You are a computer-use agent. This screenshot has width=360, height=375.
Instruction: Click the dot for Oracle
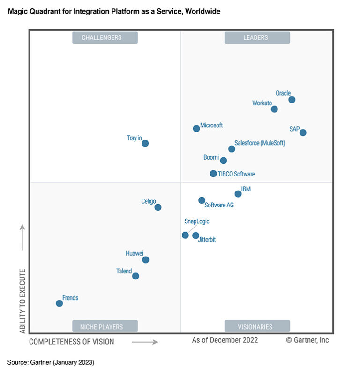(x=292, y=100)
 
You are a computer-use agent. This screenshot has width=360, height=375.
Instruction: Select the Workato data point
(x=274, y=109)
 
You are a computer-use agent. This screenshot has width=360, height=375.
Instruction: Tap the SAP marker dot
(x=303, y=132)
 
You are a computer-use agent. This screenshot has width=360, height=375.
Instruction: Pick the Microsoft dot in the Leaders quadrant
(x=196, y=128)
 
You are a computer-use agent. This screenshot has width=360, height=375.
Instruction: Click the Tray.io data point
(x=145, y=143)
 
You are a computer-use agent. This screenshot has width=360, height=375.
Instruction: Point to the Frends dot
(x=59, y=303)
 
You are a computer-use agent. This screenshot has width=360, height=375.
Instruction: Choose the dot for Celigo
(x=158, y=207)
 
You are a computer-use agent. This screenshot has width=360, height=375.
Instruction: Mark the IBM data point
(x=238, y=194)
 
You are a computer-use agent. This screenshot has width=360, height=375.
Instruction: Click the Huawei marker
(x=146, y=260)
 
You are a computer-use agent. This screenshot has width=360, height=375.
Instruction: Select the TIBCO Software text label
(x=236, y=174)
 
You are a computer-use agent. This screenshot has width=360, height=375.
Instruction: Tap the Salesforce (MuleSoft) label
(x=260, y=143)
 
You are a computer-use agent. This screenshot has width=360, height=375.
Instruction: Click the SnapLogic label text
(x=197, y=221)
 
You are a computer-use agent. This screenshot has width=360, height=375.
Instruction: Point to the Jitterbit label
(x=207, y=240)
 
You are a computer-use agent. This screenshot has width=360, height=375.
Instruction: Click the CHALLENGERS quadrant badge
(x=105, y=37)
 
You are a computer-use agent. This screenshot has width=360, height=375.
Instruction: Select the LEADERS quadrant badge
(x=257, y=37)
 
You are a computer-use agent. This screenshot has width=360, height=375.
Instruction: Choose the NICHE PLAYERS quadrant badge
(x=105, y=326)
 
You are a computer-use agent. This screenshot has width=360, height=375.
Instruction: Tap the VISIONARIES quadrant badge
(x=257, y=326)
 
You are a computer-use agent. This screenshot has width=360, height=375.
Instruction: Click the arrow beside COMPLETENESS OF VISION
(x=144, y=342)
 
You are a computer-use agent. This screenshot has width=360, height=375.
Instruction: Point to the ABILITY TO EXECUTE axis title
(x=22, y=301)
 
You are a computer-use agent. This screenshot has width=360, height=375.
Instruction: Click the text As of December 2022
(x=225, y=340)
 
